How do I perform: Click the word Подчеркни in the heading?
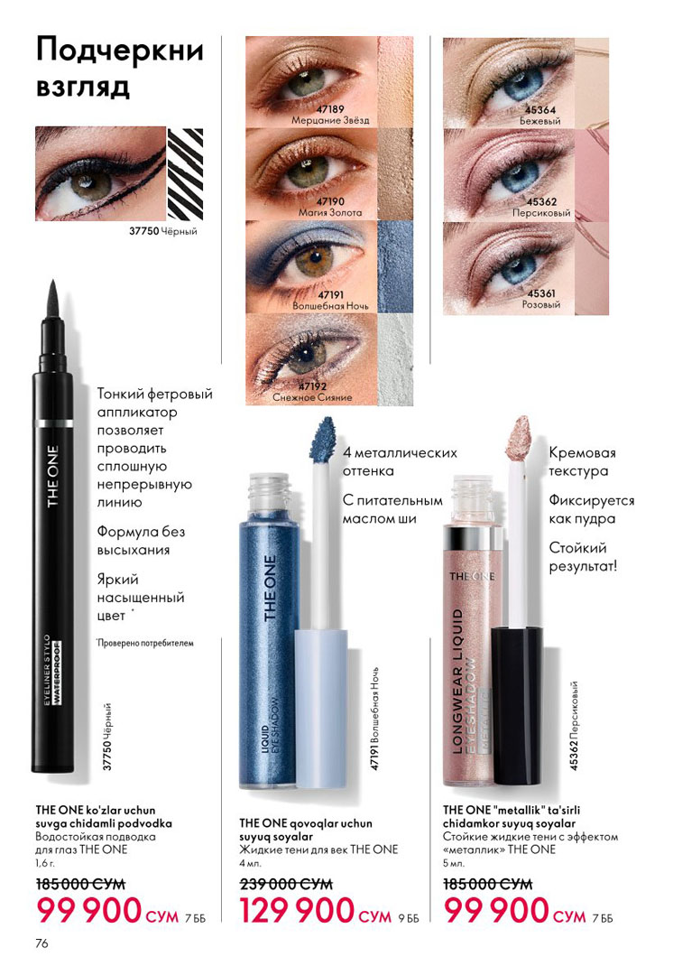120,51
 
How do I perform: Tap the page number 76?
41,943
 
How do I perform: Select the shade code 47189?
330,109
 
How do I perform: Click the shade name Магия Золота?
330,213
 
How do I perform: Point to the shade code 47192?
312,386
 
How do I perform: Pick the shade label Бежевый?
540,121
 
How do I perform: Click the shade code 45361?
541,293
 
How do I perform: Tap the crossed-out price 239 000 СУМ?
286,884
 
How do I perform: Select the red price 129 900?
297,912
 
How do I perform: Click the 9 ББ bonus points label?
409,918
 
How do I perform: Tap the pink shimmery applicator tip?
518,439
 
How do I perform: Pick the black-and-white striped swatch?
185,173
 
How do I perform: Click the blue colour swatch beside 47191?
395,266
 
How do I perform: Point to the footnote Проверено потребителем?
145,643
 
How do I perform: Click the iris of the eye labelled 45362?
520,177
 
